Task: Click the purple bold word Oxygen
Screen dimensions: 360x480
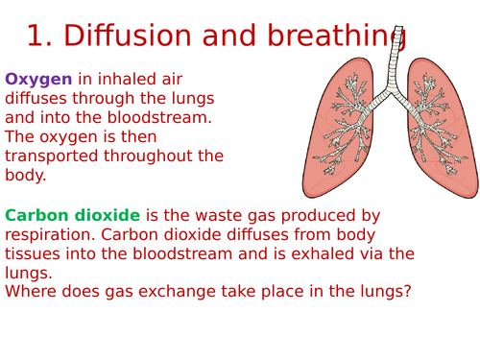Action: coord(39,79)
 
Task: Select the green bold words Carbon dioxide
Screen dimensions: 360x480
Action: coord(73,216)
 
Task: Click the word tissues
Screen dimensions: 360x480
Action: coord(31,253)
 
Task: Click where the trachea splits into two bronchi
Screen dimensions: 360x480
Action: coord(388,94)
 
